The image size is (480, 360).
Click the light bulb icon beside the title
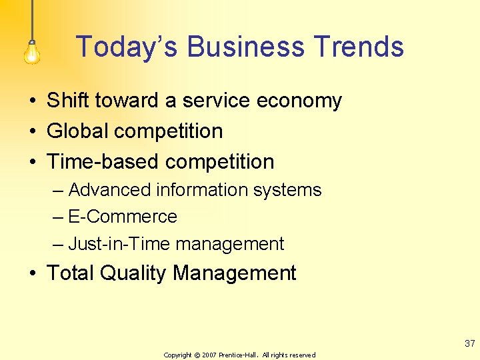31,51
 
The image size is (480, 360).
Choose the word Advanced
109,190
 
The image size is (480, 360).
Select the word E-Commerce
123,217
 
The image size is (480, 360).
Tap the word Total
73,273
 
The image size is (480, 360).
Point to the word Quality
135,273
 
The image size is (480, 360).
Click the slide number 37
470,344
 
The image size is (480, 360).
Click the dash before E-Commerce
59,217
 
